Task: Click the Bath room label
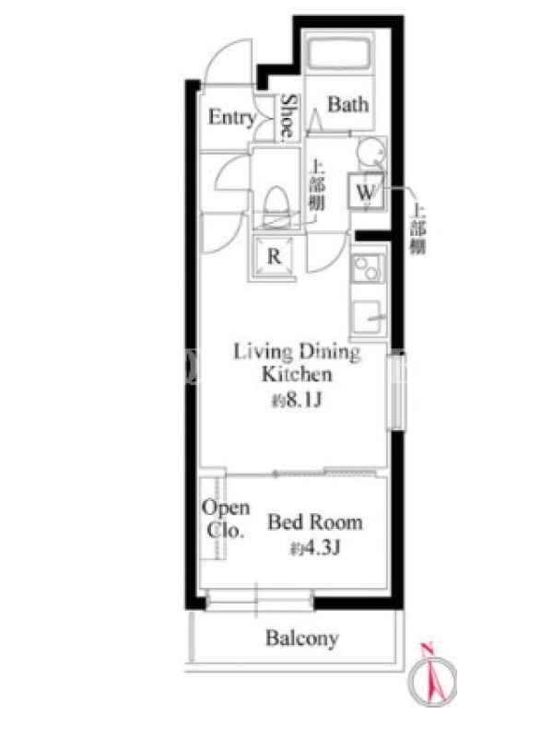[348, 104]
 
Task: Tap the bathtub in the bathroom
[338, 53]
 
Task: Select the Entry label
[232, 117]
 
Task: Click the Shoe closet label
[288, 118]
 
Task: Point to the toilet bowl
[276, 206]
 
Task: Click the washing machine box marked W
[366, 192]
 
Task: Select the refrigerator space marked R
[274, 257]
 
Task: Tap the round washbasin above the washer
[371, 152]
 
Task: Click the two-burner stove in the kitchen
[368, 269]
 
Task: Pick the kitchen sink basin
[368, 317]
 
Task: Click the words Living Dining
[297, 353]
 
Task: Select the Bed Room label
[315, 522]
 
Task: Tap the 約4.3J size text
[315, 548]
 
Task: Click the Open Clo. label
[226, 519]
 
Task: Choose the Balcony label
[302, 638]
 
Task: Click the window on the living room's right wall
[396, 392]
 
